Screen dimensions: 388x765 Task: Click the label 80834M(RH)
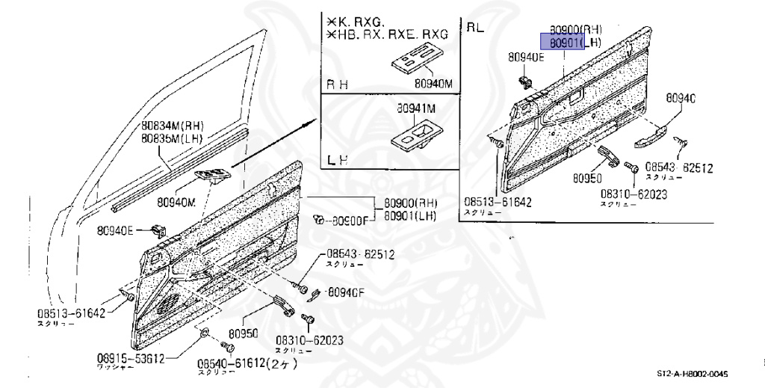(173, 126)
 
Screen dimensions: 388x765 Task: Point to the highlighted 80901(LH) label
(574, 43)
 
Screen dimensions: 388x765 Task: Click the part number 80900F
(350, 221)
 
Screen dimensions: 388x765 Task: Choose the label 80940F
(349, 292)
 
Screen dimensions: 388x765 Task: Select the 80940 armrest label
(681, 98)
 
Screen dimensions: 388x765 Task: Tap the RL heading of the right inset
(476, 28)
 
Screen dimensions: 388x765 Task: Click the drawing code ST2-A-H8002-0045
(692, 374)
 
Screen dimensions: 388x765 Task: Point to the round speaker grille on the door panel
(170, 302)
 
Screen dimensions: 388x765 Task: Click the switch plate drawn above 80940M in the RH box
(413, 59)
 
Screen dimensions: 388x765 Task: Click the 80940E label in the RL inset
(527, 57)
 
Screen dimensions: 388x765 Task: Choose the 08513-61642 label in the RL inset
(497, 202)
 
